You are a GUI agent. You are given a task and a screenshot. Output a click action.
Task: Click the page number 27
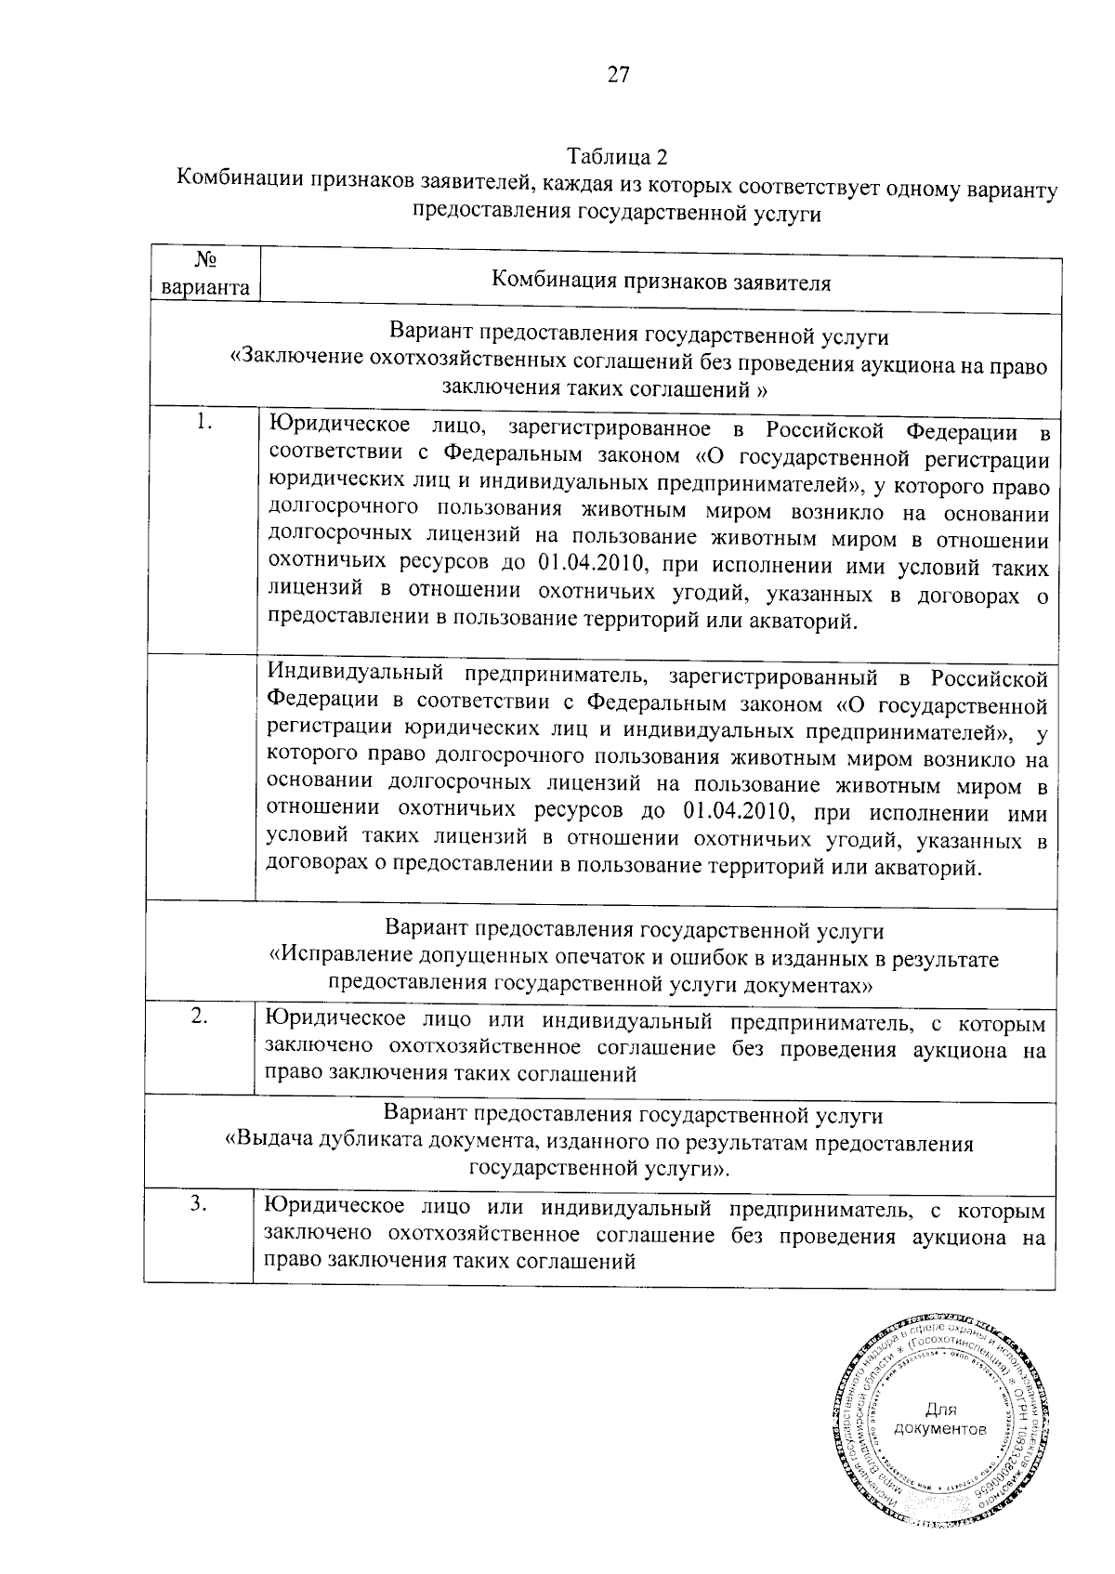[619, 75]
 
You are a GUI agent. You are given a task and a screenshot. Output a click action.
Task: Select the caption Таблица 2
[618, 154]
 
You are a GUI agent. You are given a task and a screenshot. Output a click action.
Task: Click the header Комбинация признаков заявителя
[661, 282]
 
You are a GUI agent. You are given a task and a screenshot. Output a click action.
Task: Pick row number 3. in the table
[199, 1203]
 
